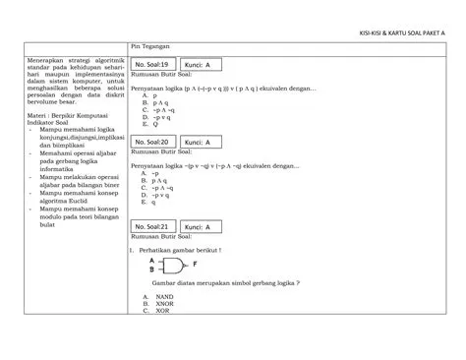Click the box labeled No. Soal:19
154,65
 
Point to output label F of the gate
195,264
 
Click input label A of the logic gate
151,259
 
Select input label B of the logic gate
151,268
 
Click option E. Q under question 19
150,125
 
